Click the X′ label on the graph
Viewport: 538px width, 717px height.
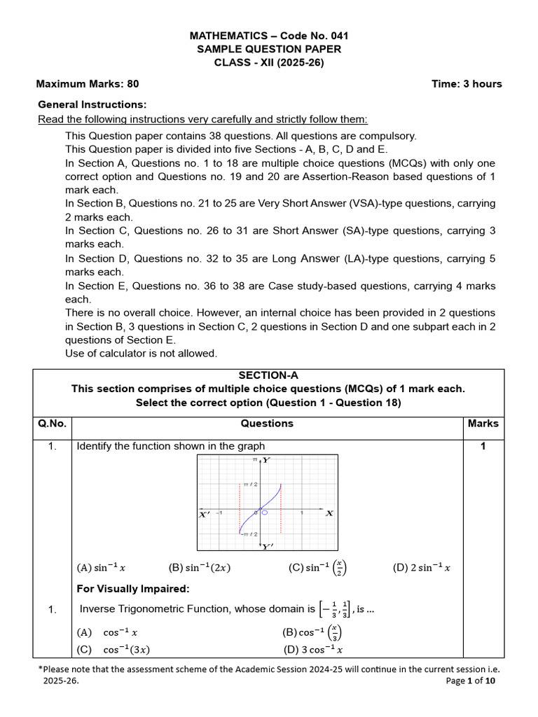205,514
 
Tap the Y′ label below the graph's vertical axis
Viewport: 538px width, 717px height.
267,547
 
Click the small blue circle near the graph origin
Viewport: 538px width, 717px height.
265,513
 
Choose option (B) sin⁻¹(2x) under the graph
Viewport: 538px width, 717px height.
199,568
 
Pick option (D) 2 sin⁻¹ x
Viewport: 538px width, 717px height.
422,568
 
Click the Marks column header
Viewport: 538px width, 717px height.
483,424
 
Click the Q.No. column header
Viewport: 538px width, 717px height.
53,424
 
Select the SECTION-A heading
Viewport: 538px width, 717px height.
269,375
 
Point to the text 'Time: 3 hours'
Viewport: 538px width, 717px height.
467,84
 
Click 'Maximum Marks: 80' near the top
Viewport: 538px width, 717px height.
88,84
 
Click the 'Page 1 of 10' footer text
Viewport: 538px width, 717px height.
471,681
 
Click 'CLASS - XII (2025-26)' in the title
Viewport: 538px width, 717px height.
269,62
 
